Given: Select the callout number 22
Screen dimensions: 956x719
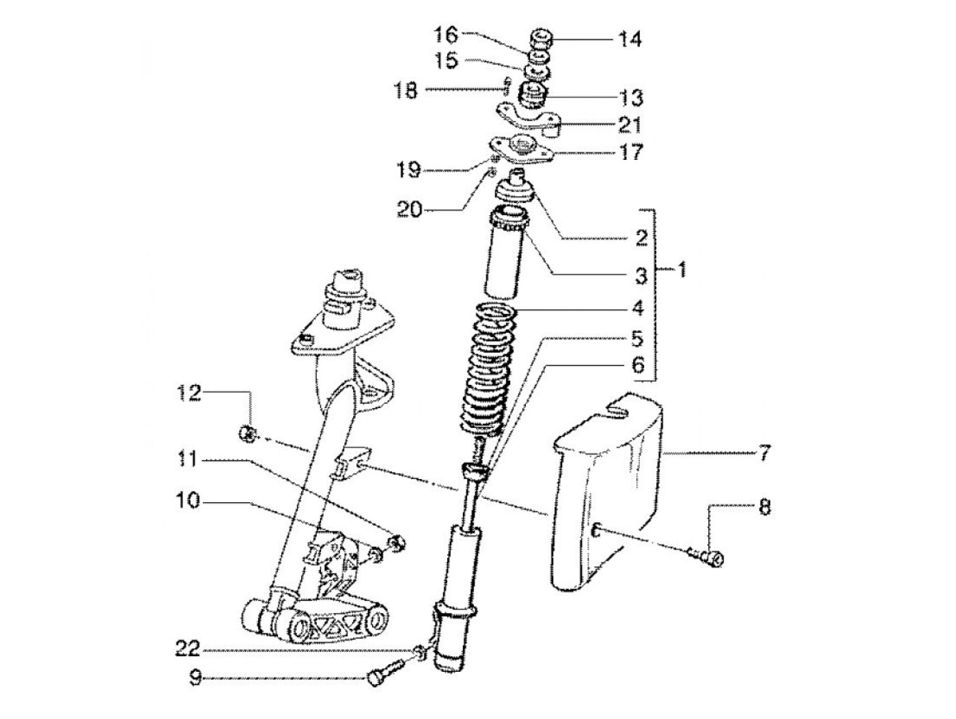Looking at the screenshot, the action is pyautogui.click(x=187, y=649).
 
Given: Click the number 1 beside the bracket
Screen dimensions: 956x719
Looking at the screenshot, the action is pyautogui.click(x=681, y=270).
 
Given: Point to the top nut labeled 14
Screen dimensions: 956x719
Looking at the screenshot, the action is pyautogui.click(x=541, y=39).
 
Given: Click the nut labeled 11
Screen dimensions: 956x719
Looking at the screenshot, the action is pyautogui.click(x=395, y=543).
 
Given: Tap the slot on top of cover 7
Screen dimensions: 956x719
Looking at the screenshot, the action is pyautogui.click(x=617, y=410).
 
